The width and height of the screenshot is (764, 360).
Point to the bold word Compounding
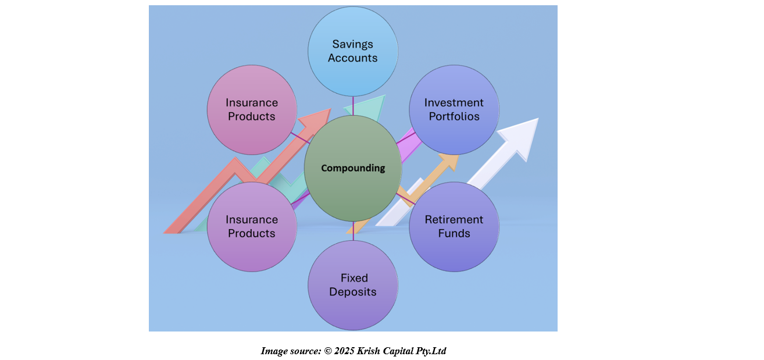tap(353, 168)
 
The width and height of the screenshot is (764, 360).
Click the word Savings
tap(353, 44)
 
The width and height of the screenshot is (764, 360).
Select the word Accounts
tap(353, 58)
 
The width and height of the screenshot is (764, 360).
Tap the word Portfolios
tap(454, 116)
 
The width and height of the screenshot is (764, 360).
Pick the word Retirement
tap(454, 220)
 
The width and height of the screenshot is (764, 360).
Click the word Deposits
tap(353, 292)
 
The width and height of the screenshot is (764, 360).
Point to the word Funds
tap(454, 234)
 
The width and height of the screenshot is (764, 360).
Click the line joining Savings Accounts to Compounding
tap(353, 105)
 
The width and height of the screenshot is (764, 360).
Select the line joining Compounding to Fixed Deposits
tap(353, 231)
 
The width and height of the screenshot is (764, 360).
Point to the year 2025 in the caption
tap(344, 351)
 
